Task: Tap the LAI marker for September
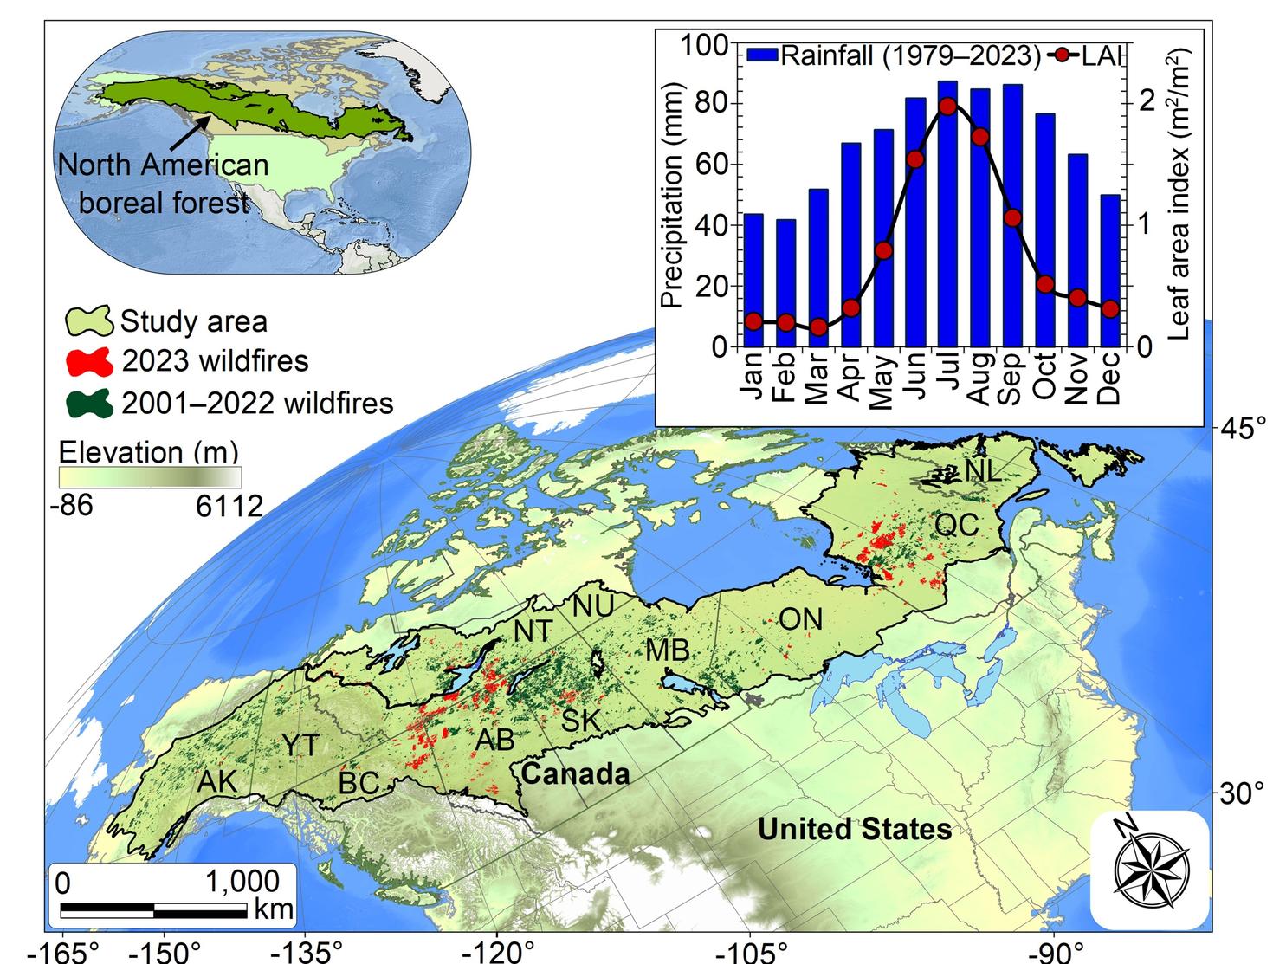coord(1012,217)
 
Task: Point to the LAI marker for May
coord(883,250)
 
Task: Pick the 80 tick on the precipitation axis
coord(709,104)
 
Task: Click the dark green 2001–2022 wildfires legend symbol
coord(89,403)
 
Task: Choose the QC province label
coord(956,524)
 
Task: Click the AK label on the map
coord(216,780)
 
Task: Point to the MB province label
coord(667,650)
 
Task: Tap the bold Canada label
coord(575,773)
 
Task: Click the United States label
coord(854,829)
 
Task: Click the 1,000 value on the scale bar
coord(242,882)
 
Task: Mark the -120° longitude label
coord(495,952)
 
